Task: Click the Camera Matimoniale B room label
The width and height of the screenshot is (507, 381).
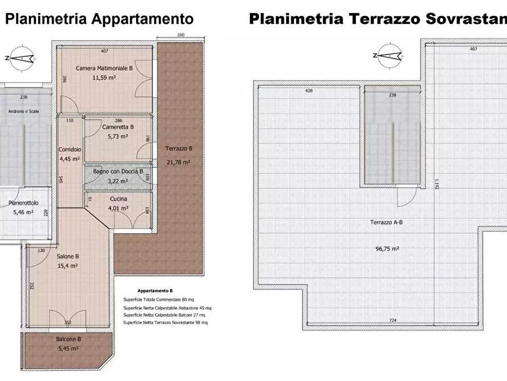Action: pyautogui.click(x=104, y=68)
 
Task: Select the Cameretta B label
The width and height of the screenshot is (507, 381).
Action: pyautogui.click(x=118, y=127)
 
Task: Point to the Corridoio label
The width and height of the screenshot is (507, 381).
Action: pyautogui.click(x=70, y=150)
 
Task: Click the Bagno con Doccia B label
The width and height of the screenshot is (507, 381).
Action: pyautogui.click(x=118, y=171)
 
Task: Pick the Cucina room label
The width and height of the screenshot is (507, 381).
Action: pyautogui.click(x=118, y=199)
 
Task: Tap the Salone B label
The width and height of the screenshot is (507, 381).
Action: pyautogui.click(x=68, y=256)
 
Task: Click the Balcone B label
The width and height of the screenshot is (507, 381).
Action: pyautogui.click(x=68, y=339)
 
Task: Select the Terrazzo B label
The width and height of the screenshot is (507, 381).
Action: pyautogui.click(x=179, y=149)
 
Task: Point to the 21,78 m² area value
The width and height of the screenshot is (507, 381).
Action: pyautogui.click(x=179, y=162)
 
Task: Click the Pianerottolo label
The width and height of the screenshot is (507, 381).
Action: pyautogui.click(x=23, y=202)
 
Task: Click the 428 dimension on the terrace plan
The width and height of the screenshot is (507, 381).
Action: pyautogui.click(x=309, y=90)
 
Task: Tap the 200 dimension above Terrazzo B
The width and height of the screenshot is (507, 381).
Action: pyautogui.click(x=181, y=35)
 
